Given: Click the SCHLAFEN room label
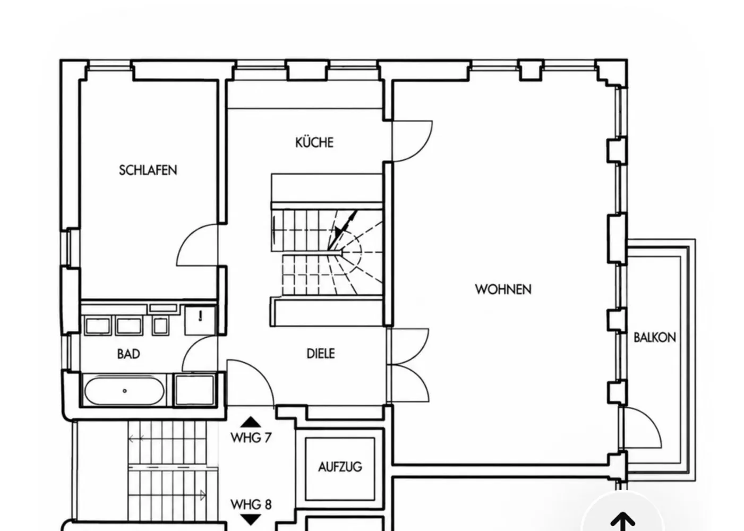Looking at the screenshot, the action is click(148, 170).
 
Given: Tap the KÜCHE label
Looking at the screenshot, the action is click(314, 142).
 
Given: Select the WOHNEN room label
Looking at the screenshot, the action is click(503, 289).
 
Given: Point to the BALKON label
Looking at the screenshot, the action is click(655, 338).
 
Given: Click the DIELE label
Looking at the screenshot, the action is click(321, 354).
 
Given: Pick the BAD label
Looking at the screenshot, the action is click(129, 354).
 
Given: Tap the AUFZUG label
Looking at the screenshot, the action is click(340, 467).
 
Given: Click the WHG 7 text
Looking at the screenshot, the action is click(251, 438).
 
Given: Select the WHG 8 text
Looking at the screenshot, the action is click(251, 505).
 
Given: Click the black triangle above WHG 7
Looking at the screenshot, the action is click(251, 422).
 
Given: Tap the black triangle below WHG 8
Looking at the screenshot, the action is click(251, 519).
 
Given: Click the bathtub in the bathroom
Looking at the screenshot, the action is click(125, 391).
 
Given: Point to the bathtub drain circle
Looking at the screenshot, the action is click(125, 391).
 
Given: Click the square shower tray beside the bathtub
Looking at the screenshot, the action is click(195, 390).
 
